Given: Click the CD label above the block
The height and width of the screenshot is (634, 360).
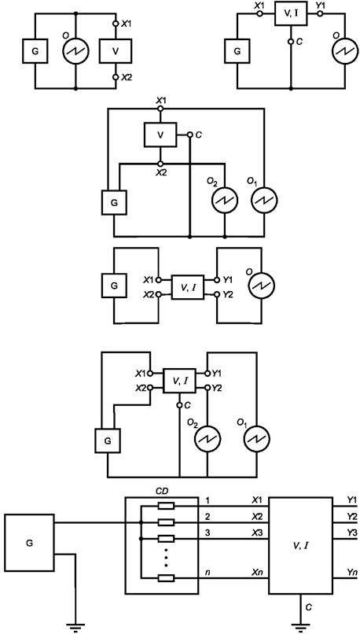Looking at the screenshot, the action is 162,492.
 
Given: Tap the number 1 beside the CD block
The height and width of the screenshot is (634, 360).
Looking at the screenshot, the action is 208,501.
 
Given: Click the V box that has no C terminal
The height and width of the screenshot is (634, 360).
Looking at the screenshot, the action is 116,51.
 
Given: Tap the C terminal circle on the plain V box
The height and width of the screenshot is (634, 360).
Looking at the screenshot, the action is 189,135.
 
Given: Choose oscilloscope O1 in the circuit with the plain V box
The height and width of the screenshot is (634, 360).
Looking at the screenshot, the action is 264,200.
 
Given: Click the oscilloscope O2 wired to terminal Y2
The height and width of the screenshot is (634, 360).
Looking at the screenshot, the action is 208,439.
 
